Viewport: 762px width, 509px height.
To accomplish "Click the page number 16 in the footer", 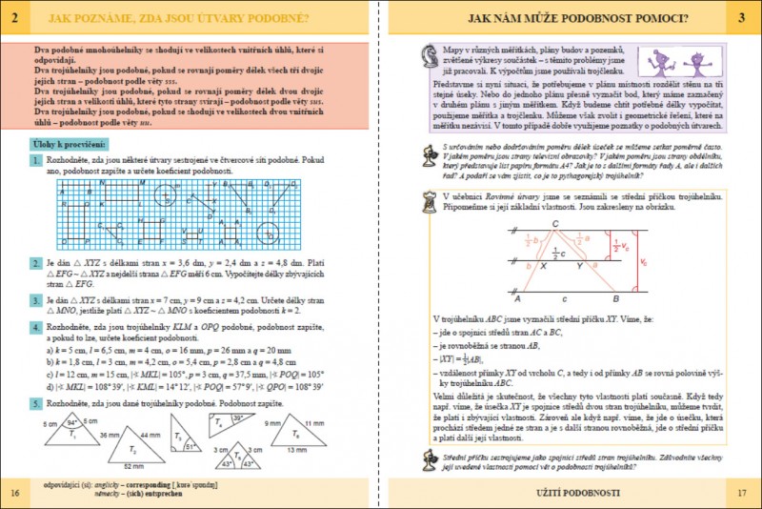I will click(x=13, y=492).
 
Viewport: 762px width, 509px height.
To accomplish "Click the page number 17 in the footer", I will click(x=743, y=492).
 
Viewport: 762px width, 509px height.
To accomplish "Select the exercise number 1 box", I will click(x=35, y=162).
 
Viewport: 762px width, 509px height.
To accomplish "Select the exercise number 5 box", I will click(x=35, y=403).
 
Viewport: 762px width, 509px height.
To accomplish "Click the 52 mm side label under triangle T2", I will click(x=132, y=466).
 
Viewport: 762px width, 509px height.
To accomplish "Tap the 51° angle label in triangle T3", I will click(x=190, y=445).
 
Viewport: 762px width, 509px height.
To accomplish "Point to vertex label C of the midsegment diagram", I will click(x=554, y=225).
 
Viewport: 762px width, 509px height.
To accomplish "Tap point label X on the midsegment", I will click(x=543, y=267).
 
